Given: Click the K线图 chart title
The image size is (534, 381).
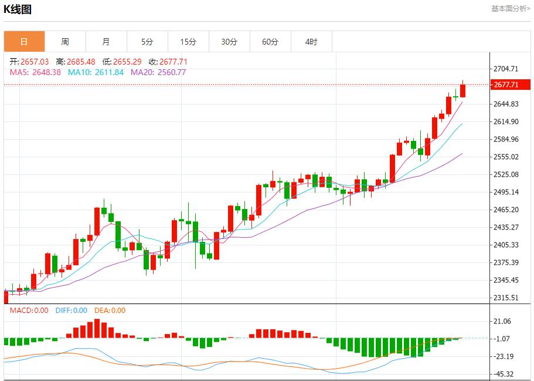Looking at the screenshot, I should (18, 9).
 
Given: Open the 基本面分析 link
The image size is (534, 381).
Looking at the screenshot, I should (510, 9).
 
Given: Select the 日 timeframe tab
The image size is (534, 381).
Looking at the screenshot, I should (24, 42).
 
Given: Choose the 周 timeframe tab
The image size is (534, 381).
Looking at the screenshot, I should (65, 42).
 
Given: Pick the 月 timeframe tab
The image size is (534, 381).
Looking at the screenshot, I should (106, 42).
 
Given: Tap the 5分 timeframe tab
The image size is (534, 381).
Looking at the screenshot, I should (147, 42).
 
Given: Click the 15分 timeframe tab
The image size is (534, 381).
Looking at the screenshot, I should (188, 42).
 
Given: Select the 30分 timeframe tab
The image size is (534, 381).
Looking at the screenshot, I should (229, 42).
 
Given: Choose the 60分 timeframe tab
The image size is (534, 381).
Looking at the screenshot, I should (270, 42).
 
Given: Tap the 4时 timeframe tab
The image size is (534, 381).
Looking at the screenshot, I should (311, 42).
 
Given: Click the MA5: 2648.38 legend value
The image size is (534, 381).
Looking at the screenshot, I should (35, 72).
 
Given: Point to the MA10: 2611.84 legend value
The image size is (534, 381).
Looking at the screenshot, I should (96, 72).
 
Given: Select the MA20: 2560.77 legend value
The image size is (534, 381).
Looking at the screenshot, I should (158, 72).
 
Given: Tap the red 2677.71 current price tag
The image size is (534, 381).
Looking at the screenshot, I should (506, 85).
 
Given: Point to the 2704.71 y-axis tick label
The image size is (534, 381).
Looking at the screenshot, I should (506, 69).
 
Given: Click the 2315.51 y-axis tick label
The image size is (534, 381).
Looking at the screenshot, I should (506, 298).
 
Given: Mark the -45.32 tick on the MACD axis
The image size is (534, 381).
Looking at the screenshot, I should (504, 374).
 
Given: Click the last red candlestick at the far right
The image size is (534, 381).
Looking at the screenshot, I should (463, 90).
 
